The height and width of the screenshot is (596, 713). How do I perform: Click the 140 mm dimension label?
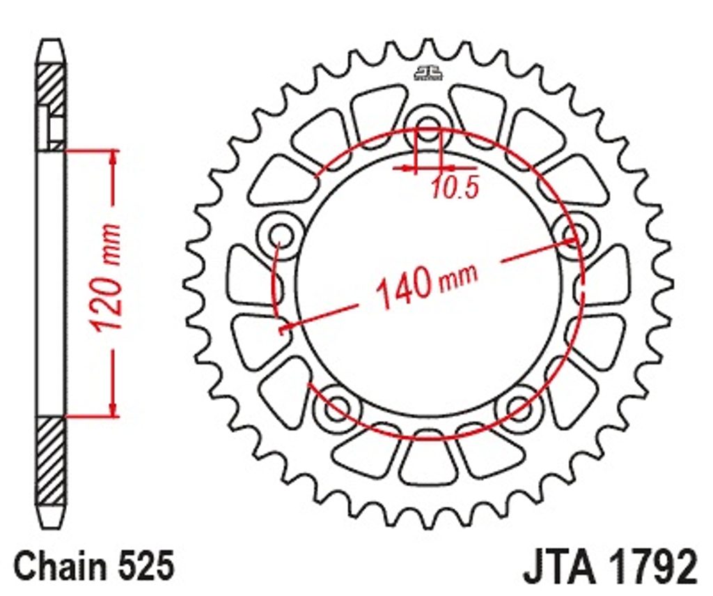pyautogui.click(x=428, y=284)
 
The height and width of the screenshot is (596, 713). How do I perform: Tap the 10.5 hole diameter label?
pyautogui.click(x=455, y=188)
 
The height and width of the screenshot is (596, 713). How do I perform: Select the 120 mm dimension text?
pyautogui.click(x=106, y=277)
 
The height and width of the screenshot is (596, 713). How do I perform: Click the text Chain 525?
pyautogui.click(x=94, y=565)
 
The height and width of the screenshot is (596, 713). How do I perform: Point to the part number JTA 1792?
pyautogui.click(x=610, y=567)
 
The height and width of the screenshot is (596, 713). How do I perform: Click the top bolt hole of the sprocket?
pyautogui.click(x=428, y=126)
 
